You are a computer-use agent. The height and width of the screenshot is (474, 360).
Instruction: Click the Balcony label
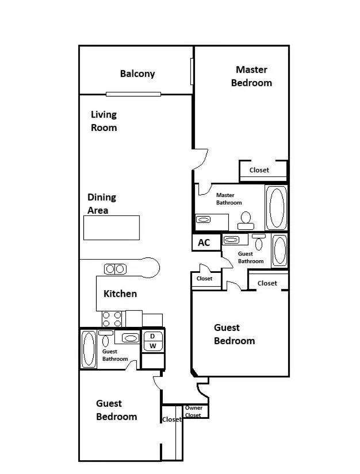tap(137, 74)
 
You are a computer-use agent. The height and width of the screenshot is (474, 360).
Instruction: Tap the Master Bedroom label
tap(251, 76)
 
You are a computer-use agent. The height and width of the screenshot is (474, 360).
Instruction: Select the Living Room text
tap(104, 121)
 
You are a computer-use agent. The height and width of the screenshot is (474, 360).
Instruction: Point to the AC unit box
tap(206, 242)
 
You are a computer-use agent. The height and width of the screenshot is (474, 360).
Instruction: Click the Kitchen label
tap(120, 294)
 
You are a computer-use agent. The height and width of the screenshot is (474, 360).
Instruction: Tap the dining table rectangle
tap(112, 228)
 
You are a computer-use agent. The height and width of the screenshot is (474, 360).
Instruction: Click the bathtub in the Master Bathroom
tap(276, 207)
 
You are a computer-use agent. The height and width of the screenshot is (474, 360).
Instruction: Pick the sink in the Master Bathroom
tap(203, 219)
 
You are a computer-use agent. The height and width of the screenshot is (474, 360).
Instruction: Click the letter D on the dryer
tap(152, 336)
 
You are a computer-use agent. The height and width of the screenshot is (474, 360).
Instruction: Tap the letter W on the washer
tap(153, 346)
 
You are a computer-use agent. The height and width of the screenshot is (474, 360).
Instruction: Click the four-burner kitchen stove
tap(112, 319)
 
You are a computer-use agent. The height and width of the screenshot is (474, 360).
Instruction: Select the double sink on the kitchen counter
tap(115, 269)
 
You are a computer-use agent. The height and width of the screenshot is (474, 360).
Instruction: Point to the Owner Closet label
tap(194, 411)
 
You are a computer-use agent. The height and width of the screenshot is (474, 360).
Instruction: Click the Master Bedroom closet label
tap(259, 170)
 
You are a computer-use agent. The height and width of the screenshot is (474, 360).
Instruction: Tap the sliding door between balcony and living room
tap(133, 94)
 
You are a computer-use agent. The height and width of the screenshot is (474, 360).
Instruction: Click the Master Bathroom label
tap(229, 199)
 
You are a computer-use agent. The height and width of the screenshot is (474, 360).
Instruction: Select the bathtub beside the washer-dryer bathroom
tap(89, 349)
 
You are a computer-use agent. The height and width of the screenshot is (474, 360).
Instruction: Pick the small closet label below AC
tap(205, 279)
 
